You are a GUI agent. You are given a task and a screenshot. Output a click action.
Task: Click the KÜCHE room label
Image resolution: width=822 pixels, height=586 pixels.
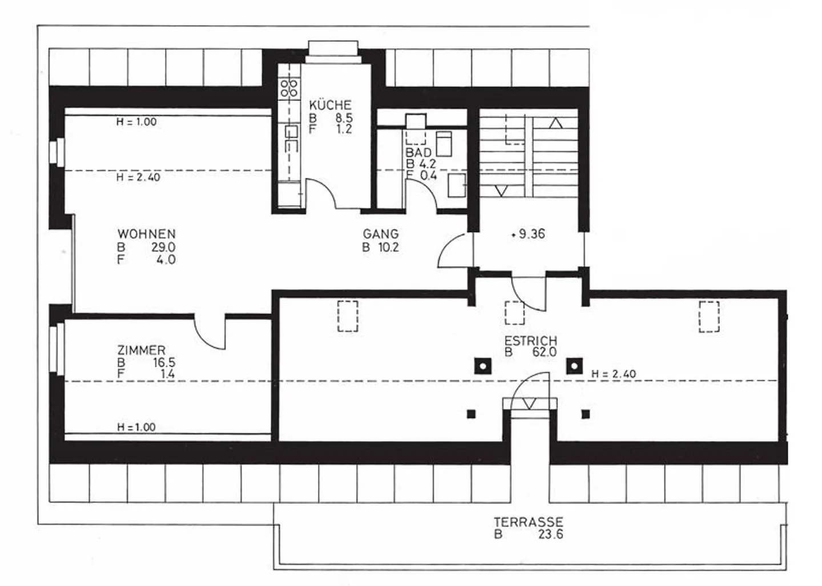(x=330, y=105)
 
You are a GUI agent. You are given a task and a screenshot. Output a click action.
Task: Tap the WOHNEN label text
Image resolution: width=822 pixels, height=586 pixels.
(x=146, y=234)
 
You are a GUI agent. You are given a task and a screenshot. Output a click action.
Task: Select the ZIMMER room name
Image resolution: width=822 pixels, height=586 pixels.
(x=141, y=350)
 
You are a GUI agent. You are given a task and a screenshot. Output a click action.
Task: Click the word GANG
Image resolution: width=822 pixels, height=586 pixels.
(x=381, y=234)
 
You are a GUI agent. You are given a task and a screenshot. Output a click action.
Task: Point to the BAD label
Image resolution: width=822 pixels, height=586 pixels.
(x=418, y=153)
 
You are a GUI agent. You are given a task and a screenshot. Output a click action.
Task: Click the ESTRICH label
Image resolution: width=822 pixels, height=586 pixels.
(x=530, y=340)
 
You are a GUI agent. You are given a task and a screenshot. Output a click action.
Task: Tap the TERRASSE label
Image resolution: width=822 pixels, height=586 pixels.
(x=528, y=522)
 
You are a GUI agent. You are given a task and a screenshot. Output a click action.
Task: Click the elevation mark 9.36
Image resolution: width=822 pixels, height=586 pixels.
(x=531, y=234)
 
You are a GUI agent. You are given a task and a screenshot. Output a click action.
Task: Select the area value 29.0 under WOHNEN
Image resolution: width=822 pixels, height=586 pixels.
(x=163, y=247)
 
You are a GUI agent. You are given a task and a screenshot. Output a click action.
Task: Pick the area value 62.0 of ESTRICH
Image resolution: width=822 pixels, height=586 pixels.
(x=544, y=352)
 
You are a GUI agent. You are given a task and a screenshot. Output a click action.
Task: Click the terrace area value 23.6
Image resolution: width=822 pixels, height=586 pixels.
(x=550, y=535)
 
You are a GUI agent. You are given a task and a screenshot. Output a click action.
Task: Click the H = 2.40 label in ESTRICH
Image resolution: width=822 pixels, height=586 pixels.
(x=614, y=374)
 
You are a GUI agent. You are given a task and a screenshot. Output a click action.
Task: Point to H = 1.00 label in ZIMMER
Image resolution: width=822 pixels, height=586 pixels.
(x=136, y=427)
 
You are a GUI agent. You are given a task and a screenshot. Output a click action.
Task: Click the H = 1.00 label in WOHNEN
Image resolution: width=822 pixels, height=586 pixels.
(x=136, y=121)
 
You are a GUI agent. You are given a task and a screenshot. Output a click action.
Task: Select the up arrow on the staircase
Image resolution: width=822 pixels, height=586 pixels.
(x=555, y=123)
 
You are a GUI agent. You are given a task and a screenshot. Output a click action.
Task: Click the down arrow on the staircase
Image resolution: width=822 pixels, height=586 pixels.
(x=501, y=191)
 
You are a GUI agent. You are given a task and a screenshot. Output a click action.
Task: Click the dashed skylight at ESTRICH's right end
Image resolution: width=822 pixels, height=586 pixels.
(x=709, y=316)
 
